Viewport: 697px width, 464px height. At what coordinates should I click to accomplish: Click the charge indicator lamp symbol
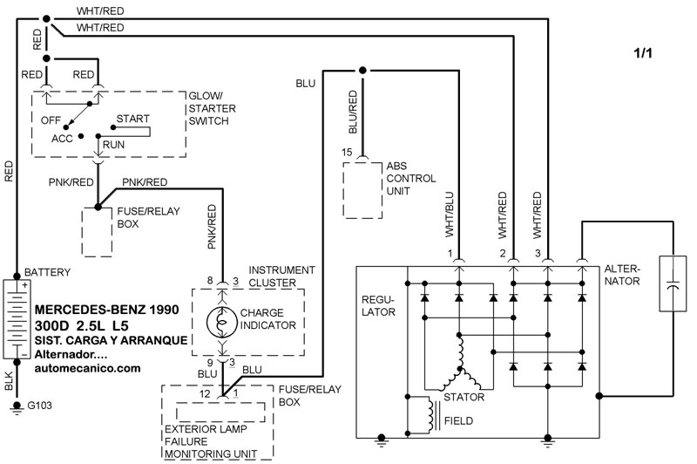[x=222, y=322]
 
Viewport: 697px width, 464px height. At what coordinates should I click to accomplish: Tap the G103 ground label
[x=39, y=406]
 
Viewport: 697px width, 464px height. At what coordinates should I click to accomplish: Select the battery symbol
[x=16, y=319]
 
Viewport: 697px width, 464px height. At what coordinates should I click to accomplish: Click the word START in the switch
[x=133, y=119]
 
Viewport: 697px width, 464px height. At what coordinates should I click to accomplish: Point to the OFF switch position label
[x=51, y=120]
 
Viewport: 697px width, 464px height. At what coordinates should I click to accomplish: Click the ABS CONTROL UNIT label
[x=410, y=179]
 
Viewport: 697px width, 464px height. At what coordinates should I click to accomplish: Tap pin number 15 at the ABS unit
[x=347, y=152]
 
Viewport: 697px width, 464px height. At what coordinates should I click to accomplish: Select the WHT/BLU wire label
[x=450, y=215]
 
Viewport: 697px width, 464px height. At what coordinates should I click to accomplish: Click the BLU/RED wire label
[x=353, y=113]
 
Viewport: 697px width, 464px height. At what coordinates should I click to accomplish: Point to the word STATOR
[x=464, y=397]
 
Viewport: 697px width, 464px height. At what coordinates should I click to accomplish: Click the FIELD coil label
[x=459, y=421]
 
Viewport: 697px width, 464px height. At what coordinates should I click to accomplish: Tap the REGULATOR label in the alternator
[x=378, y=306]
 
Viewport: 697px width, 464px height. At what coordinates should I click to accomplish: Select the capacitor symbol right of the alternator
[x=673, y=283]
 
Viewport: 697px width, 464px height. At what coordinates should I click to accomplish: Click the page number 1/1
[x=643, y=53]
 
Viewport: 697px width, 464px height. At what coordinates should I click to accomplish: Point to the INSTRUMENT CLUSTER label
[x=281, y=276]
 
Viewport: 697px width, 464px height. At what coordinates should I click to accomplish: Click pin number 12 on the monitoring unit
[x=205, y=393]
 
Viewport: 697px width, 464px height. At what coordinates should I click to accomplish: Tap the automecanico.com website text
[x=88, y=368]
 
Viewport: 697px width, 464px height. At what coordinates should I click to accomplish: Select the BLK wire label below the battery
[x=9, y=381]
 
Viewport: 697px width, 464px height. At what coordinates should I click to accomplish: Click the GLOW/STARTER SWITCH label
[x=212, y=108]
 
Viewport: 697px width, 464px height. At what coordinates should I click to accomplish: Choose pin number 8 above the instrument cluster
[x=210, y=281]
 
